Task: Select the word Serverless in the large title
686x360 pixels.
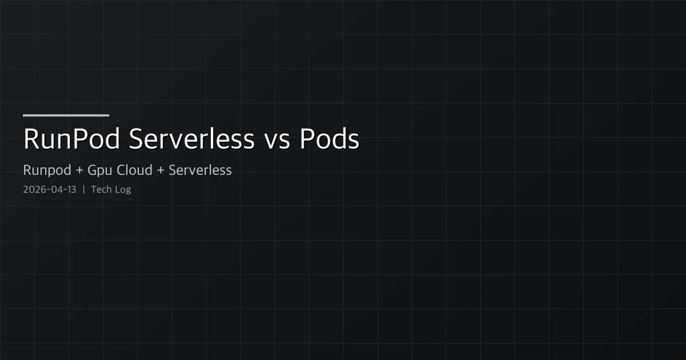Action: click(192, 139)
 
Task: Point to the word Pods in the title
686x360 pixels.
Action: click(330, 139)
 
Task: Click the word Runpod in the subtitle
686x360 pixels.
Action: click(45, 170)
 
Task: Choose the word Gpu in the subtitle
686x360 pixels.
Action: click(99, 170)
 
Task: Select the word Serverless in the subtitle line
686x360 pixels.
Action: click(200, 170)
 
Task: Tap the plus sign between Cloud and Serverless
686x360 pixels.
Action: click(161, 170)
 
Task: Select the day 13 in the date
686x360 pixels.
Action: click(71, 190)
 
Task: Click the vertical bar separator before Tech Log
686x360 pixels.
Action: click(83, 190)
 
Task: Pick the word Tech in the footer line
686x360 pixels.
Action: click(101, 190)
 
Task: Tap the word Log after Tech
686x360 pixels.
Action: click(123, 190)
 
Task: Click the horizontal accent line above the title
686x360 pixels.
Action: click(66, 115)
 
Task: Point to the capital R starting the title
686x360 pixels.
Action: click(31, 139)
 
